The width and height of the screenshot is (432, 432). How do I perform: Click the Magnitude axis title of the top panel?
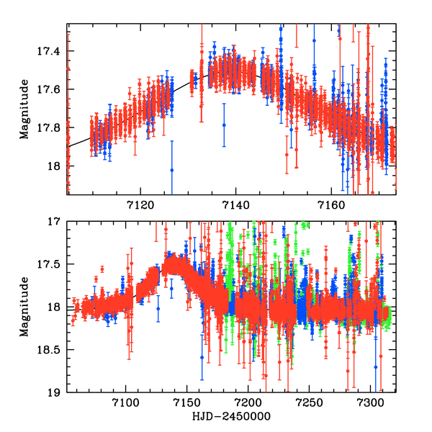tap(25, 109)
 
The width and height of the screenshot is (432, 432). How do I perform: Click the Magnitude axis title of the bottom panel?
tap(25, 307)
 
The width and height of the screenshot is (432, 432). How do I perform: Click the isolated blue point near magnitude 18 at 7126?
tap(172, 170)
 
